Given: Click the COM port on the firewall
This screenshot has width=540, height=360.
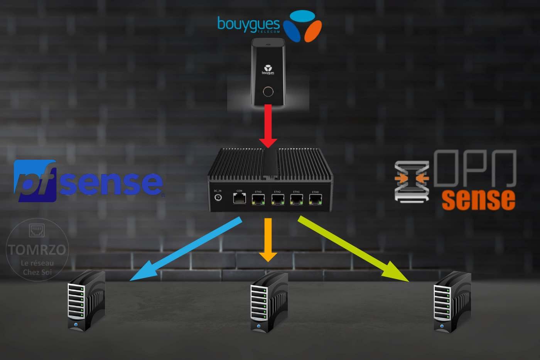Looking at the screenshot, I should (240, 198).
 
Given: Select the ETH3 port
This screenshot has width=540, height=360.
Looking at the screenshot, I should (258, 199).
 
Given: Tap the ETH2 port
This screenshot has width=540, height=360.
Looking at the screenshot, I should (278, 199).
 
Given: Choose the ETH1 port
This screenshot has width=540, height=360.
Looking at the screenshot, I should (296, 199).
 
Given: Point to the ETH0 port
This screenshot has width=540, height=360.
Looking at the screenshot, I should (316, 199).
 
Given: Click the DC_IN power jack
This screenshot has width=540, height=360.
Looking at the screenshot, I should (218, 198).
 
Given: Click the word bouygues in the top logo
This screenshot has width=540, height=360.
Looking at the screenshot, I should (248, 24).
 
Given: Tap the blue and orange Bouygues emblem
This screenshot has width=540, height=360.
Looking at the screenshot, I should (302, 26).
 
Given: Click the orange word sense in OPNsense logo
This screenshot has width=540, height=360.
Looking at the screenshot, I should (478, 199).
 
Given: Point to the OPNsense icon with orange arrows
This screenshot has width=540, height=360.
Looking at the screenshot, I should (412, 181).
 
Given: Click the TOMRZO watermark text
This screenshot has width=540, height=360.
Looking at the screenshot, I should (37, 250).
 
